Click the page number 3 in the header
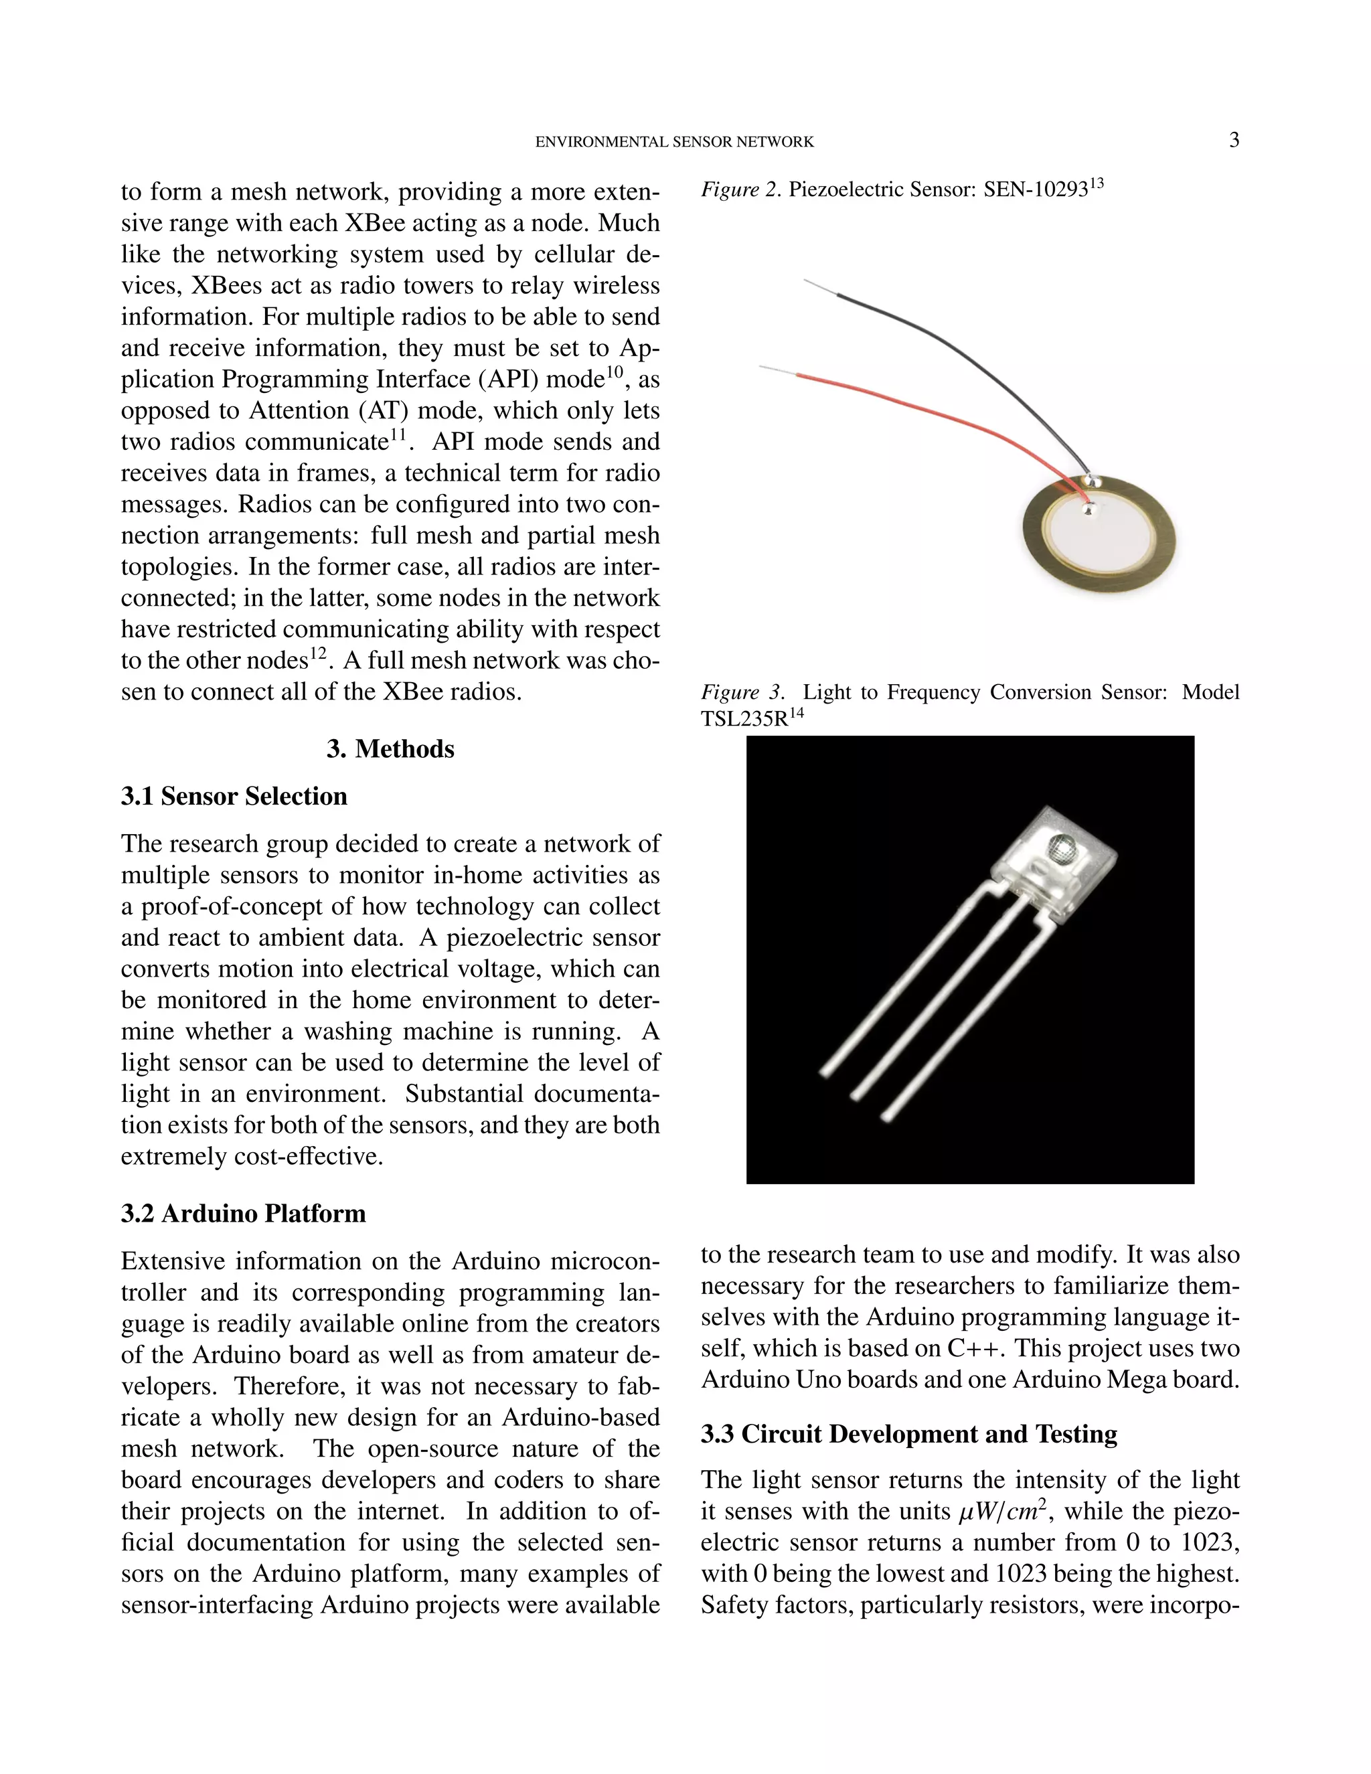pyautogui.click(x=1234, y=141)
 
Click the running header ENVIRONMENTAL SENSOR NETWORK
pyautogui.click(x=674, y=142)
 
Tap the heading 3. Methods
pyautogui.click(x=391, y=749)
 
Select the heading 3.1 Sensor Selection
pyautogui.click(x=234, y=796)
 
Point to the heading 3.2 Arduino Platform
pyautogui.click(x=243, y=1214)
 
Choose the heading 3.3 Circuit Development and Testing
pyautogui.click(x=909, y=1435)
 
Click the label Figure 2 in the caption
pyautogui.click(x=741, y=190)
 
